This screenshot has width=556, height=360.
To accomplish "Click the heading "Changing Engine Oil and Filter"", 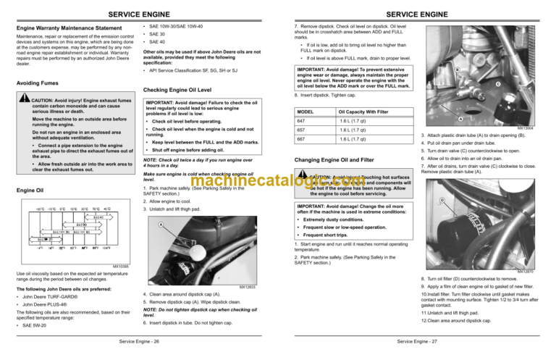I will click(335, 159).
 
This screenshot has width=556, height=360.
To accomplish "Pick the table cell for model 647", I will click(305, 122).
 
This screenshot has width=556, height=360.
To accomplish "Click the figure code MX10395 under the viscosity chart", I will click(122, 265).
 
